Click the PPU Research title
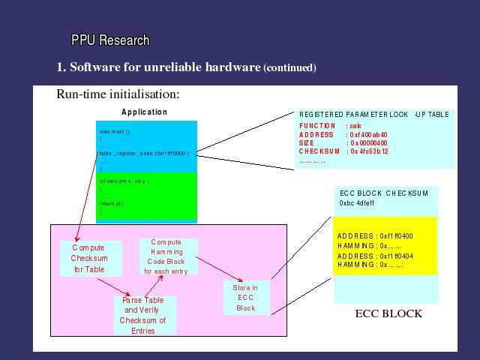tap(110, 40)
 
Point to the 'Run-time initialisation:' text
tap(118, 94)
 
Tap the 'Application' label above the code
tap(144, 112)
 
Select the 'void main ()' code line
tap(115, 131)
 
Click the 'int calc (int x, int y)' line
tap(124, 181)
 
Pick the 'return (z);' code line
tap(112, 203)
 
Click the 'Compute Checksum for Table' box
tap(88, 258)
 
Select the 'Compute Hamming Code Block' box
tap(169, 256)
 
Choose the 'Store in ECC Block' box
tap(246, 298)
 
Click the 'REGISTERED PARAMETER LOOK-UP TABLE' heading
tap(373, 115)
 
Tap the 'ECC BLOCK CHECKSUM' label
tap(384, 193)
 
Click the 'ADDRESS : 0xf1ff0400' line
tap(370, 235)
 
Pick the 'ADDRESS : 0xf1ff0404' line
tap(370, 255)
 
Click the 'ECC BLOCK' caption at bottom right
tap(388, 313)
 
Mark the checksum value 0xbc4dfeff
tap(357, 202)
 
